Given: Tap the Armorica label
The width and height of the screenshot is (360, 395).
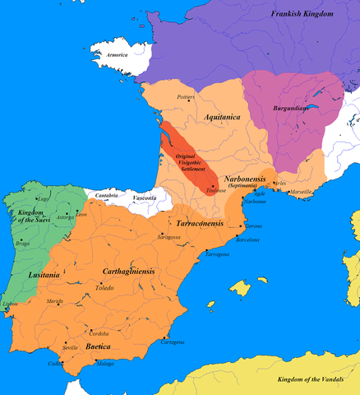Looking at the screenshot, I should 118,54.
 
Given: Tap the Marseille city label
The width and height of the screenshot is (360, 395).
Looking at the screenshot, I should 301,192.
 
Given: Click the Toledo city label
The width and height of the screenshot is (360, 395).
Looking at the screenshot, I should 104,288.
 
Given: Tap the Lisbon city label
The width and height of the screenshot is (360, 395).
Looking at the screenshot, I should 10,304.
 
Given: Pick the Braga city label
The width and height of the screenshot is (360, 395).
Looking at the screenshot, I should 22,244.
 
